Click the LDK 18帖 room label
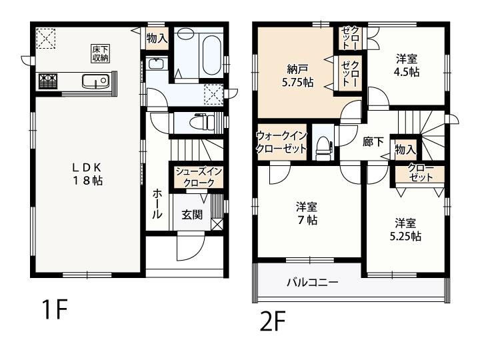click(x=87, y=174)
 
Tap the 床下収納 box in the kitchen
click(x=101, y=54)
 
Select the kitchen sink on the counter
click(x=95, y=81)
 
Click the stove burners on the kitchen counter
click(x=48, y=81)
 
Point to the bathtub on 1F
click(x=211, y=56)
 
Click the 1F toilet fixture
click(x=202, y=122)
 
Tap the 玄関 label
click(x=192, y=214)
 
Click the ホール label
click(x=157, y=203)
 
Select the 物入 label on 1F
click(x=157, y=38)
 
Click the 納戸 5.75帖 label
click(x=297, y=75)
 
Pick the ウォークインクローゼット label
click(x=281, y=142)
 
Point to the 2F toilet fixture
click(x=323, y=148)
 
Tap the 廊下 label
click(x=373, y=141)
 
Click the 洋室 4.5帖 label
click(x=407, y=65)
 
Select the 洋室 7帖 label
click(x=307, y=213)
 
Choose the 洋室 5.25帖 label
click(x=405, y=229)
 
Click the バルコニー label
click(x=313, y=281)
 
